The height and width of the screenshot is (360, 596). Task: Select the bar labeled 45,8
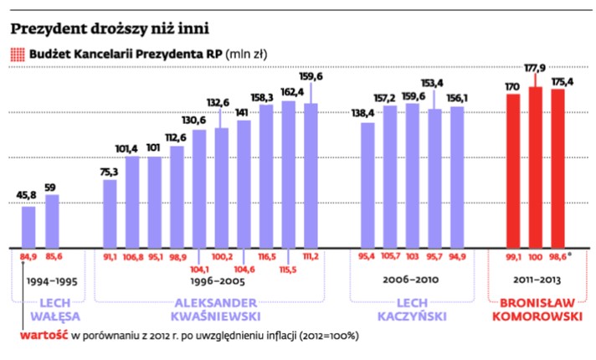(x=28, y=226)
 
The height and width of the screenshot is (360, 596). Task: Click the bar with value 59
(x=52, y=220)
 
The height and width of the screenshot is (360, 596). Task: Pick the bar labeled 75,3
(x=110, y=213)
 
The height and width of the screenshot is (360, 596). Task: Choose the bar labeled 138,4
(x=367, y=184)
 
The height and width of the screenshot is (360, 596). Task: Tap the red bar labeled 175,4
(x=558, y=167)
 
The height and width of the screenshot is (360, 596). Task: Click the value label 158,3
(x=266, y=97)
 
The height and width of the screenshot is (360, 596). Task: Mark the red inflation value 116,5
(x=267, y=257)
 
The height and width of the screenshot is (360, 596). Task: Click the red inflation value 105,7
(x=390, y=257)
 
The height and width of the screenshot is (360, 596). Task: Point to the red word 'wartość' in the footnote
(x=43, y=336)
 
